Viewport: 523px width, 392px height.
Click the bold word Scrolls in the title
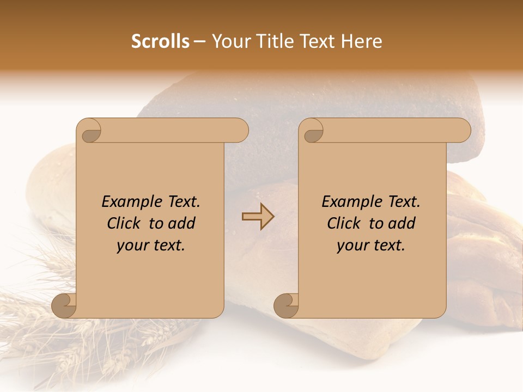pos(161,41)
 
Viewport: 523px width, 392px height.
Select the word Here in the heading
pos(361,41)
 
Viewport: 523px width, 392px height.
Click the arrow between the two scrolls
pos(258,217)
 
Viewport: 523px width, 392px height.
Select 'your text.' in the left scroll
pos(151,246)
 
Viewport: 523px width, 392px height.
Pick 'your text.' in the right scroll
pos(371,246)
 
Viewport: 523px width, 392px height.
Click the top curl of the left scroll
pos(90,131)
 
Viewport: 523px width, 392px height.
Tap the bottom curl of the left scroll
pos(64,305)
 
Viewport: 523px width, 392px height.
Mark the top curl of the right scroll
pos(312,131)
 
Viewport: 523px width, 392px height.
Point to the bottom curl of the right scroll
pos(286,305)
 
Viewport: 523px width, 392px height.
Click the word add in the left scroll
pos(182,223)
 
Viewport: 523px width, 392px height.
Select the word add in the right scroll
pos(402,223)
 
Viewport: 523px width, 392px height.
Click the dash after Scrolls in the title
pos(199,41)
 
